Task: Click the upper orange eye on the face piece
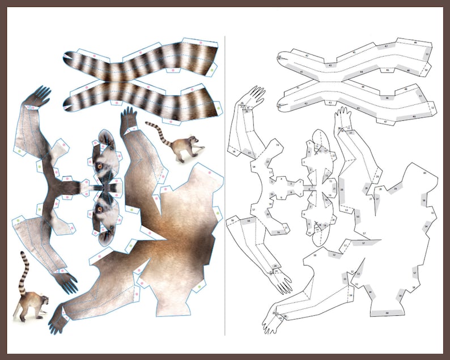(100, 166)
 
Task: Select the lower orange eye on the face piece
(100, 209)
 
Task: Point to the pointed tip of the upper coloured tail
(67, 56)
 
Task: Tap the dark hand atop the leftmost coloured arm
(38, 96)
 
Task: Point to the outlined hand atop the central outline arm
(342, 118)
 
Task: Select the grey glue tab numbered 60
(387, 312)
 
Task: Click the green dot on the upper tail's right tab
(213, 68)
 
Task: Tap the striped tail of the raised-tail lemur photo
(24, 269)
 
